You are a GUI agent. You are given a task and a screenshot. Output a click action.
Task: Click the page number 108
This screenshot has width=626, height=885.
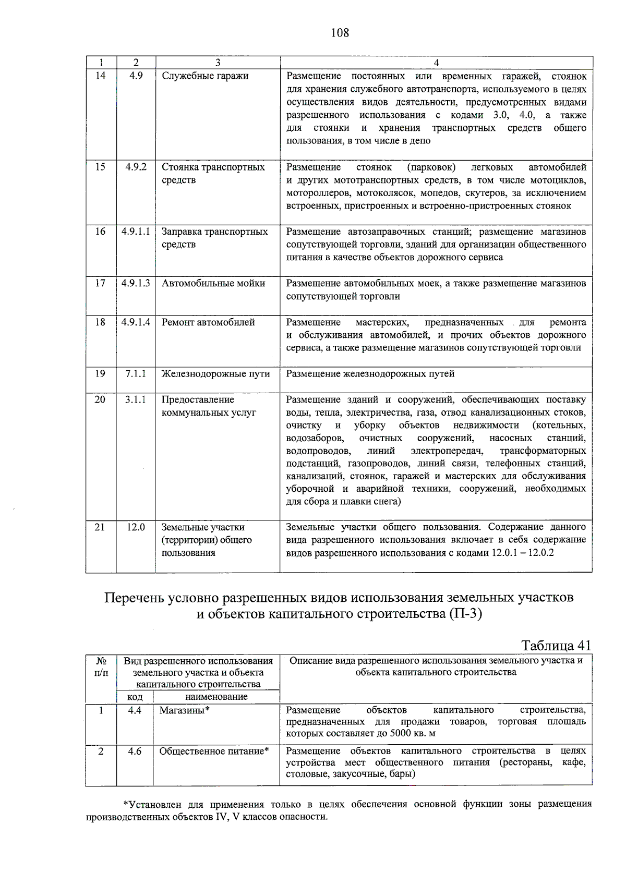click(x=340, y=33)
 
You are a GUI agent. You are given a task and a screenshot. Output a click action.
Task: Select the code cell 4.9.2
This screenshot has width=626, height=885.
click(x=136, y=167)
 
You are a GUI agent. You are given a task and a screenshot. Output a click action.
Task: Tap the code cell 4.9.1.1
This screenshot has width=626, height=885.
click(x=136, y=232)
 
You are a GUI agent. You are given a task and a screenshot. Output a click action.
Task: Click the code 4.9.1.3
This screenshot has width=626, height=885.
click(x=136, y=283)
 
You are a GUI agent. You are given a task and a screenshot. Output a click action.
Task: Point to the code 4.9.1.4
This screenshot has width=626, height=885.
click(x=136, y=322)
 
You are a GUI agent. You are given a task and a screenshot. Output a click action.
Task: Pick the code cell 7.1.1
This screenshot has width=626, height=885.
click(x=136, y=374)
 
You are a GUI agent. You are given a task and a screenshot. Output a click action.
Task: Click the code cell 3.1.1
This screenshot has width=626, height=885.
click(x=136, y=399)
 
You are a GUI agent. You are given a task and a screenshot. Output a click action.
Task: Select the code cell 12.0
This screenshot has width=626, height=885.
click(x=136, y=527)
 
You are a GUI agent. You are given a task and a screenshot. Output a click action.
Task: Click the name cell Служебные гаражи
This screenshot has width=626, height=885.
click(x=205, y=76)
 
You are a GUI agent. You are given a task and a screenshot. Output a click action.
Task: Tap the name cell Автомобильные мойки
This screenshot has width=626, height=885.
click(x=213, y=283)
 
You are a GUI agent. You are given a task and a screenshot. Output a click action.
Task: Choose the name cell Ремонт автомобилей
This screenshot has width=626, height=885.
click(x=208, y=322)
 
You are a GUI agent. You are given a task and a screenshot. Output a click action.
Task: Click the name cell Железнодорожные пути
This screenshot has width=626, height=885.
click(x=215, y=374)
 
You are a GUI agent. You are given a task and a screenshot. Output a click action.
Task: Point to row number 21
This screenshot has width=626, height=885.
click(x=100, y=527)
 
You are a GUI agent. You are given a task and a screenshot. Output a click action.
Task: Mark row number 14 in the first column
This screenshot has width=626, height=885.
click(x=100, y=76)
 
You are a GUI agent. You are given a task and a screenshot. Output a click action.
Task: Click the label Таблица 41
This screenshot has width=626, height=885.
click(x=556, y=646)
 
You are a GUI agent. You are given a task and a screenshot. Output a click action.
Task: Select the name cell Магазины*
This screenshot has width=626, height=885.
click(x=185, y=710)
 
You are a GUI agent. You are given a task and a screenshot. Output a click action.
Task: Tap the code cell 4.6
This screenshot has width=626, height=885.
click(x=135, y=751)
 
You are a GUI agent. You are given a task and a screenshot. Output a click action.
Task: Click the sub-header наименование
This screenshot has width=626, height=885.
click(x=216, y=697)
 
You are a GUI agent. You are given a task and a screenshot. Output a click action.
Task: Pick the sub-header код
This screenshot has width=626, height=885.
click(x=135, y=697)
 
